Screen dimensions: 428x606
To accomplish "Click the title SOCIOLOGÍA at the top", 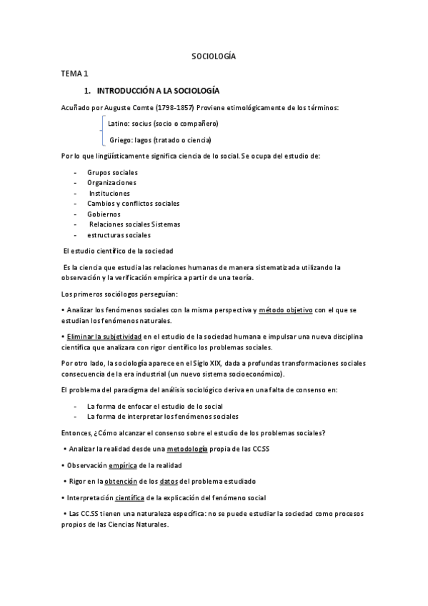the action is point(214,55).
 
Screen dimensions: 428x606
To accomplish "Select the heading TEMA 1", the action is point(74,73).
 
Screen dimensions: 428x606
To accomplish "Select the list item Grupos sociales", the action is point(112,173).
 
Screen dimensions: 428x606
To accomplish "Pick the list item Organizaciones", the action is point(111,183).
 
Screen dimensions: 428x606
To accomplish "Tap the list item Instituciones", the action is point(110,193).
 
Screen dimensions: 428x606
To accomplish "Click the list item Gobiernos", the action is point(104,214).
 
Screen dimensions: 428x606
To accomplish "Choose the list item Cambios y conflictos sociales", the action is point(134,204).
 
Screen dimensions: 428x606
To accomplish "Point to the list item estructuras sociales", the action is point(119,234).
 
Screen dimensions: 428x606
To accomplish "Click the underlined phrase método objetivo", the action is point(285,309).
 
